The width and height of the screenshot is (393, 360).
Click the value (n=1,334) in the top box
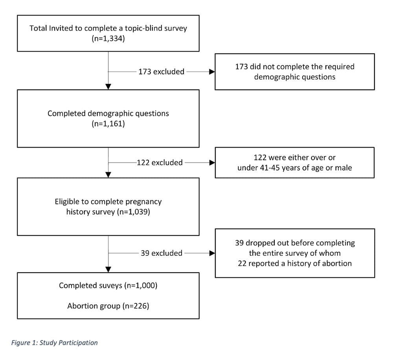[108, 39]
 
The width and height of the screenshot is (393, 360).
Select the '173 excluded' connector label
[162, 72]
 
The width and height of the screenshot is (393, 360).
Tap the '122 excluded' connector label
[160, 162]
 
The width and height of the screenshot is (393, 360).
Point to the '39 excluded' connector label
[162, 253]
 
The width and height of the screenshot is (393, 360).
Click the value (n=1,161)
[108, 124]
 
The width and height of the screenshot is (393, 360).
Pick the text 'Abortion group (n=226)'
[108, 306]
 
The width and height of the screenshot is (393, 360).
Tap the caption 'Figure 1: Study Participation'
[54, 343]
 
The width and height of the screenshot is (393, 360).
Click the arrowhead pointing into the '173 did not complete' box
[212, 72]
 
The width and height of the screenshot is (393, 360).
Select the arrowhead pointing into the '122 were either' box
[212, 162]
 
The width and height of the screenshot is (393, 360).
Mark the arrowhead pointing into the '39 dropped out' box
[212, 253]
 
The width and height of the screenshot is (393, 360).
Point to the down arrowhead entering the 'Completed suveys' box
[108, 270]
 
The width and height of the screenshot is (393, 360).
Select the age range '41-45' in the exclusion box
[270, 168]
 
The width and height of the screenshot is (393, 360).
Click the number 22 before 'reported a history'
[242, 264]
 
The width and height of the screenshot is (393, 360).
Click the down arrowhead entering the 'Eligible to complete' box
[108, 175]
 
